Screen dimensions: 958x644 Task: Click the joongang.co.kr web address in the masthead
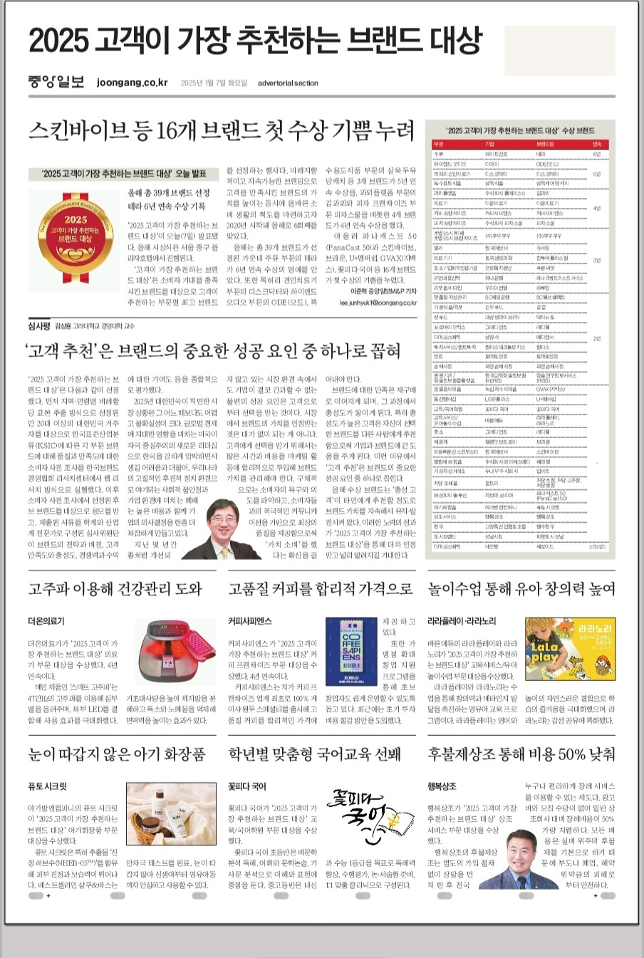133,83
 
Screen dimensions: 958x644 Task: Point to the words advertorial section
289,83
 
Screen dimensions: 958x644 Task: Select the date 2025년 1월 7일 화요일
214,83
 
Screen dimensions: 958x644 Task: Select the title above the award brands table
521,131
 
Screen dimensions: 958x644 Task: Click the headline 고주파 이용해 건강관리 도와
115,589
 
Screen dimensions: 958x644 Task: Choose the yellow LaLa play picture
569,648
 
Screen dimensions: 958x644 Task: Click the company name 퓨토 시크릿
47,787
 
